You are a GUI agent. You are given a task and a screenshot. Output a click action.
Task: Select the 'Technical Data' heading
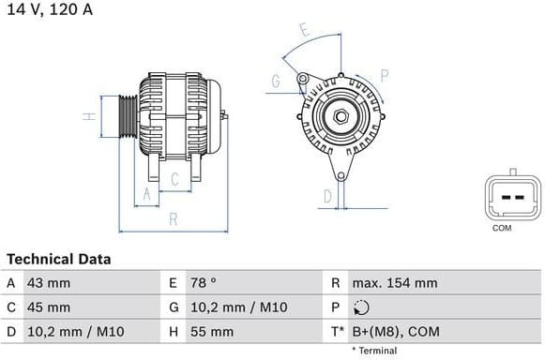click(x=58, y=259)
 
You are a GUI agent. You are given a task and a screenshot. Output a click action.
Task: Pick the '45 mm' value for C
click(x=51, y=307)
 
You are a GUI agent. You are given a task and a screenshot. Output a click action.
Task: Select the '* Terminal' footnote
click(x=374, y=351)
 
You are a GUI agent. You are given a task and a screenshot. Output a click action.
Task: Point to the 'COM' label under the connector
click(x=502, y=228)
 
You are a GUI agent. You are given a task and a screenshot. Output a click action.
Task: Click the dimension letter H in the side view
click(x=86, y=117)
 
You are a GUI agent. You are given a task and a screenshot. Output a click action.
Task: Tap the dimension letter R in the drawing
click(x=174, y=219)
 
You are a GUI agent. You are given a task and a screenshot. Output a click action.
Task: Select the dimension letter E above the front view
click(x=304, y=30)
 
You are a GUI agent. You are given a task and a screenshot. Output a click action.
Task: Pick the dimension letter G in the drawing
click(x=276, y=82)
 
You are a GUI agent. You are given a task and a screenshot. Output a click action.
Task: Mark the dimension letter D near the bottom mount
click(x=327, y=196)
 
